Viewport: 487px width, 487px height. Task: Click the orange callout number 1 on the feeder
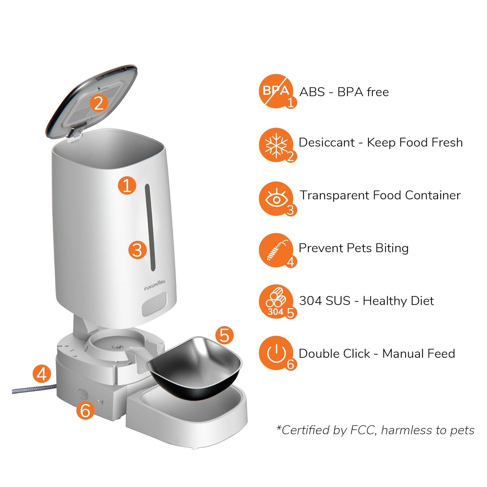(127, 185)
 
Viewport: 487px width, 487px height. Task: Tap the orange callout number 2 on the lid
(98, 103)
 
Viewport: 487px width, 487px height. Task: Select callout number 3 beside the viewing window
(137, 250)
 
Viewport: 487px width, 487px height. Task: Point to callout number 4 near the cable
(42, 374)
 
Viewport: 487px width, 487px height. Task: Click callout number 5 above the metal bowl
(224, 335)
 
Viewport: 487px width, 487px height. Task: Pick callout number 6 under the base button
(85, 411)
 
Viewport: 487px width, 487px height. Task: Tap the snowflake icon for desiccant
(276, 144)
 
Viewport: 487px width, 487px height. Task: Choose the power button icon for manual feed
(276, 353)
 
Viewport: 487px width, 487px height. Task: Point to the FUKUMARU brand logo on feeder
(155, 285)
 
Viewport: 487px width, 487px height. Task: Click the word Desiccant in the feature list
(326, 143)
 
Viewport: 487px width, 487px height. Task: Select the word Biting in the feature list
(392, 248)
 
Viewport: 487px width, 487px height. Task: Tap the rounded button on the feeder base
(83, 394)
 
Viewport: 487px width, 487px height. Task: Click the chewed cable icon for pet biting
(276, 250)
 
